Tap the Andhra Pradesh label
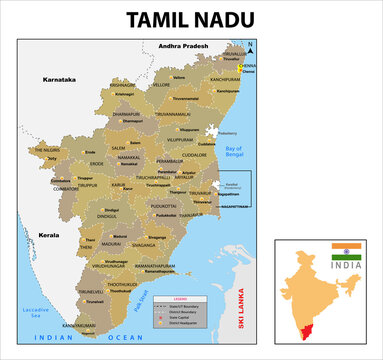[x=180, y=46]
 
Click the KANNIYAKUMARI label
[x=80, y=326]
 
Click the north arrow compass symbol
[x=251, y=46]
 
